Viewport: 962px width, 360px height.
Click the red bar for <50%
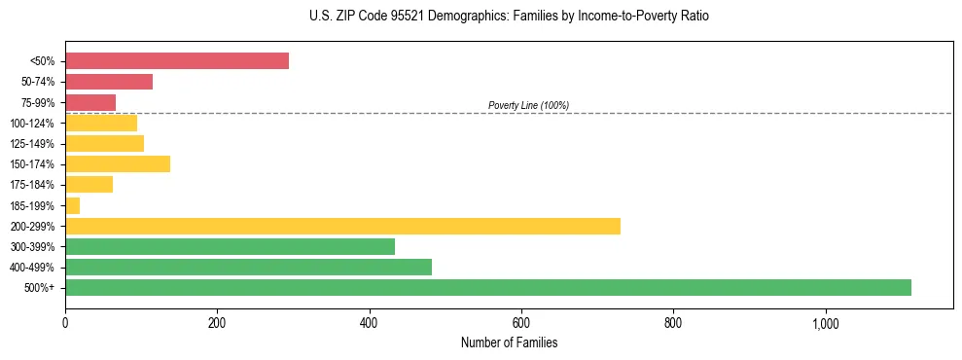(x=176, y=61)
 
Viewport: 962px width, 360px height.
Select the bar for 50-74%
(x=109, y=82)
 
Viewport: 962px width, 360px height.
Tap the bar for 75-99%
(x=90, y=102)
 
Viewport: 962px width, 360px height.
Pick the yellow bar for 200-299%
(x=342, y=226)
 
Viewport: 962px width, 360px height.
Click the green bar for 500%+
(x=487, y=287)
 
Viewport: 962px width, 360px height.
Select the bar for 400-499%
(x=248, y=267)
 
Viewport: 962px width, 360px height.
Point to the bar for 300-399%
(x=230, y=246)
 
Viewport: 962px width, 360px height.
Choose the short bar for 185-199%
(x=72, y=205)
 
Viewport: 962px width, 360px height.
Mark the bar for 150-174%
(x=118, y=164)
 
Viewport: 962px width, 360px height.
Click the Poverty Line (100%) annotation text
(x=528, y=105)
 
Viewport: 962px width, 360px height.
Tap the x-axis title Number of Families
(x=509, y=342)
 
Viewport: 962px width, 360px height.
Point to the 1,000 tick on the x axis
(x=825, y=322)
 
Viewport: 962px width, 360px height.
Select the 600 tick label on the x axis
(x=521, y=322)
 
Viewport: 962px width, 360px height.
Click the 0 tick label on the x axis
(x=65, y=322)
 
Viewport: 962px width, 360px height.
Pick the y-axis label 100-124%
(x=32, y=124)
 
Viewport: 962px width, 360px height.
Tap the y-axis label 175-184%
(x=32, y=185)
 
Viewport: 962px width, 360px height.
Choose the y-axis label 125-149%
(x=32, y=144)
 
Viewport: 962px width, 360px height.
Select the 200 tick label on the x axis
(x=217, y=322)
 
